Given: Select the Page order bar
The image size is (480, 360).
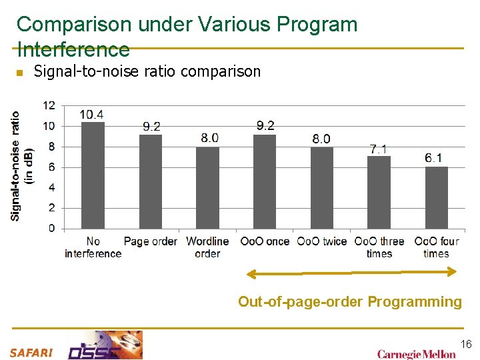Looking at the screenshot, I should (151, 181).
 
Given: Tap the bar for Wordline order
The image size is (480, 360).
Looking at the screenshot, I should (207, 187).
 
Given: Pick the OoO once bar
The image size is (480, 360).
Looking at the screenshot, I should (265, 181).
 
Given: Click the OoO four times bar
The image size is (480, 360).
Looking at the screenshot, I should (436, 197).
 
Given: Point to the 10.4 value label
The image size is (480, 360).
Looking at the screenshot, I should (92, 115).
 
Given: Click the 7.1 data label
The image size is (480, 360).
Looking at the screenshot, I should (379, 149).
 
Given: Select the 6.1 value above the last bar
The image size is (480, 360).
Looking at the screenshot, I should (434, 158).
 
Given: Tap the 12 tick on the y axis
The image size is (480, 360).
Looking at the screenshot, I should (49, 105).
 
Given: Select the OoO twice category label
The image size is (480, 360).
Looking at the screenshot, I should (322, 241).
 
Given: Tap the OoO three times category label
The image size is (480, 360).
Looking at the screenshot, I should (379, 247).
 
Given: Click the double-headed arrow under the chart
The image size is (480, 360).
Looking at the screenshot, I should (352, 272).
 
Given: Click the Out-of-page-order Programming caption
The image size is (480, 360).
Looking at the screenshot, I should (350, 302).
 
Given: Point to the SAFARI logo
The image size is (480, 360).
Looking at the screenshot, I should (31, 352).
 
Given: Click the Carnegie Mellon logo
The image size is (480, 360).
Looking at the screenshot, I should (416, 354).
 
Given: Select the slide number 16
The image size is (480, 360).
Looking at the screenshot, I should (465, 344).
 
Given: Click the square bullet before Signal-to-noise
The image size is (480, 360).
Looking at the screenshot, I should (19, 73).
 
